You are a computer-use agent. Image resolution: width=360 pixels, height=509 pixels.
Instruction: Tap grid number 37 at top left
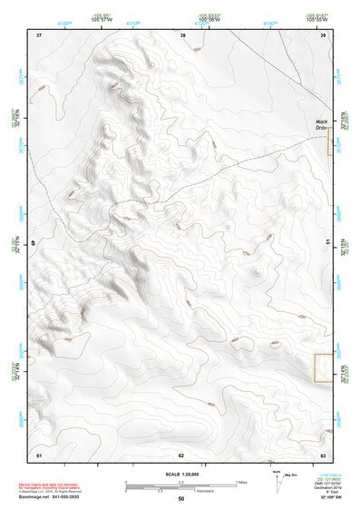coord(39,35)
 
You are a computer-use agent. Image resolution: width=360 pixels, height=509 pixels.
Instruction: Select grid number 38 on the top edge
coord(183,35)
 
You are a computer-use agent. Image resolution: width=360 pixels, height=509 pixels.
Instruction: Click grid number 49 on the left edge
coord(34,243)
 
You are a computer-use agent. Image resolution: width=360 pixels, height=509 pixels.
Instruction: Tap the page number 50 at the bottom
coord(180,499)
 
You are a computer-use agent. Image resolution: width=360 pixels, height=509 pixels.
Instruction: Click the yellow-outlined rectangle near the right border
coord(321,367)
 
